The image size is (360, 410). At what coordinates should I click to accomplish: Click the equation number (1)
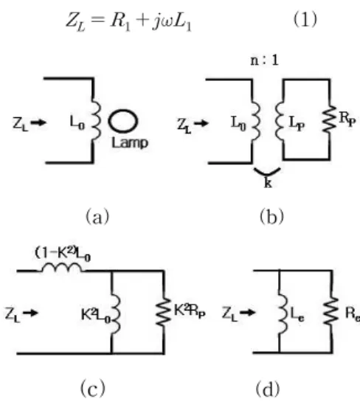click(305, 20)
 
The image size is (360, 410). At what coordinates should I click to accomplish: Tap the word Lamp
click(130, 143)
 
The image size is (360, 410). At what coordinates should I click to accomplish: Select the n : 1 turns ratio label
click(265, 60)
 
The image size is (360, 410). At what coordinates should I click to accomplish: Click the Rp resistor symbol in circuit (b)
click(329, 118)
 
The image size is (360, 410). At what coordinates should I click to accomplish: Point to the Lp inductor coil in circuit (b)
click(280, 122)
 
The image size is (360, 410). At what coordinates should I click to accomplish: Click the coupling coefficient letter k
click(268, 183)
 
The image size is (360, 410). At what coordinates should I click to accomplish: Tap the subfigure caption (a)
click(97, 216)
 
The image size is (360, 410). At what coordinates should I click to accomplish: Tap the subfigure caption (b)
click(271, 216)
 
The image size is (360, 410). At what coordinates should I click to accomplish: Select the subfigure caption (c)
click(93, 388)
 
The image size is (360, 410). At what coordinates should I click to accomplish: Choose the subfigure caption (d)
click(267, 389)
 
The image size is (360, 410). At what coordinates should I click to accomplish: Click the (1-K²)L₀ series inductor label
click(63, 254)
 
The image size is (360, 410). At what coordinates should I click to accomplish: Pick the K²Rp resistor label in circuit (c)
click(190, 311)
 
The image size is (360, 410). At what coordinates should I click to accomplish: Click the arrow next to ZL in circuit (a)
click(38, 122)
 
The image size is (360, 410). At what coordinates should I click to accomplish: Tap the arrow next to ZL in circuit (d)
click(247, 312)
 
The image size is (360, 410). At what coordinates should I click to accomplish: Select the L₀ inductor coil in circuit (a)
click(96, 119)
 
